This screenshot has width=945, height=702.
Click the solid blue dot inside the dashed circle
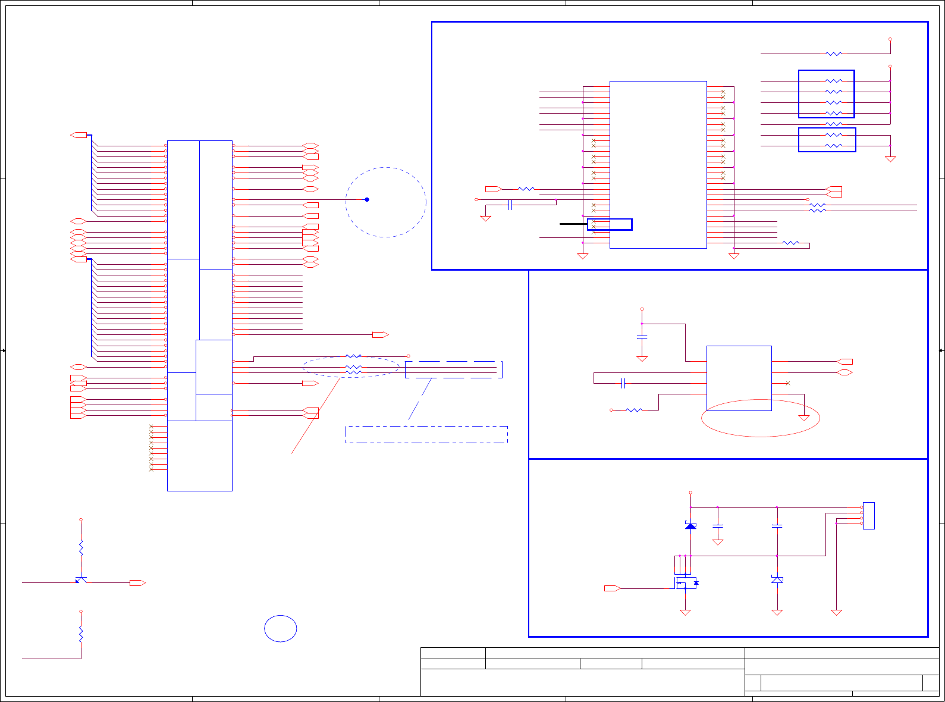click(x=367, y=199)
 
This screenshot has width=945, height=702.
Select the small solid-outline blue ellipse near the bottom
click(x=281, y=629)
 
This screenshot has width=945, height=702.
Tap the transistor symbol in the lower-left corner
click(x=81, y=579)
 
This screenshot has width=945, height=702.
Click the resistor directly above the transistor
click(x=81, y=548)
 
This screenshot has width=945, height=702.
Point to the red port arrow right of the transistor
click(x=137, y=583)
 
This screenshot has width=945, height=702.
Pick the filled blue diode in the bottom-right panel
click(x=690, y=526)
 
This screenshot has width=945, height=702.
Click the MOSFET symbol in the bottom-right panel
click(x=686, y=583)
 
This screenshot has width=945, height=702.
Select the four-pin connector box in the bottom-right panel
click(x=869, y=516)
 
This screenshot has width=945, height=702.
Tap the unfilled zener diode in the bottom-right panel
click(x=777, y=579)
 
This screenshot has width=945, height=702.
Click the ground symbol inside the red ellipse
click(x=804, y=417)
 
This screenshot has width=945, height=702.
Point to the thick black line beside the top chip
click(x=573, y=224)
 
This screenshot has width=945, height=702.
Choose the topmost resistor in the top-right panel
click(x=834, y=54)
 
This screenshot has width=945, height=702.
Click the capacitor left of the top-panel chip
click(x=510, y=205)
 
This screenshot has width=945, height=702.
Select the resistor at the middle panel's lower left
click(x=635, y=410)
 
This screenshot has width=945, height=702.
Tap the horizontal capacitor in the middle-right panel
click(x=623, y=383)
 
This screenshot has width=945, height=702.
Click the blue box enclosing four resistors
click(x=827, y=94)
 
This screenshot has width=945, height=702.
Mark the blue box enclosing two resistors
click(x=827, y=140)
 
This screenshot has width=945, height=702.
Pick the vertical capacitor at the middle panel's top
click(x=642, y=337)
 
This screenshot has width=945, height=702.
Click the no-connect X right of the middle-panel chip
click(x=788, y=383)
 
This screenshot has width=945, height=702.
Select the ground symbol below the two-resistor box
click(x=890, y=159)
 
